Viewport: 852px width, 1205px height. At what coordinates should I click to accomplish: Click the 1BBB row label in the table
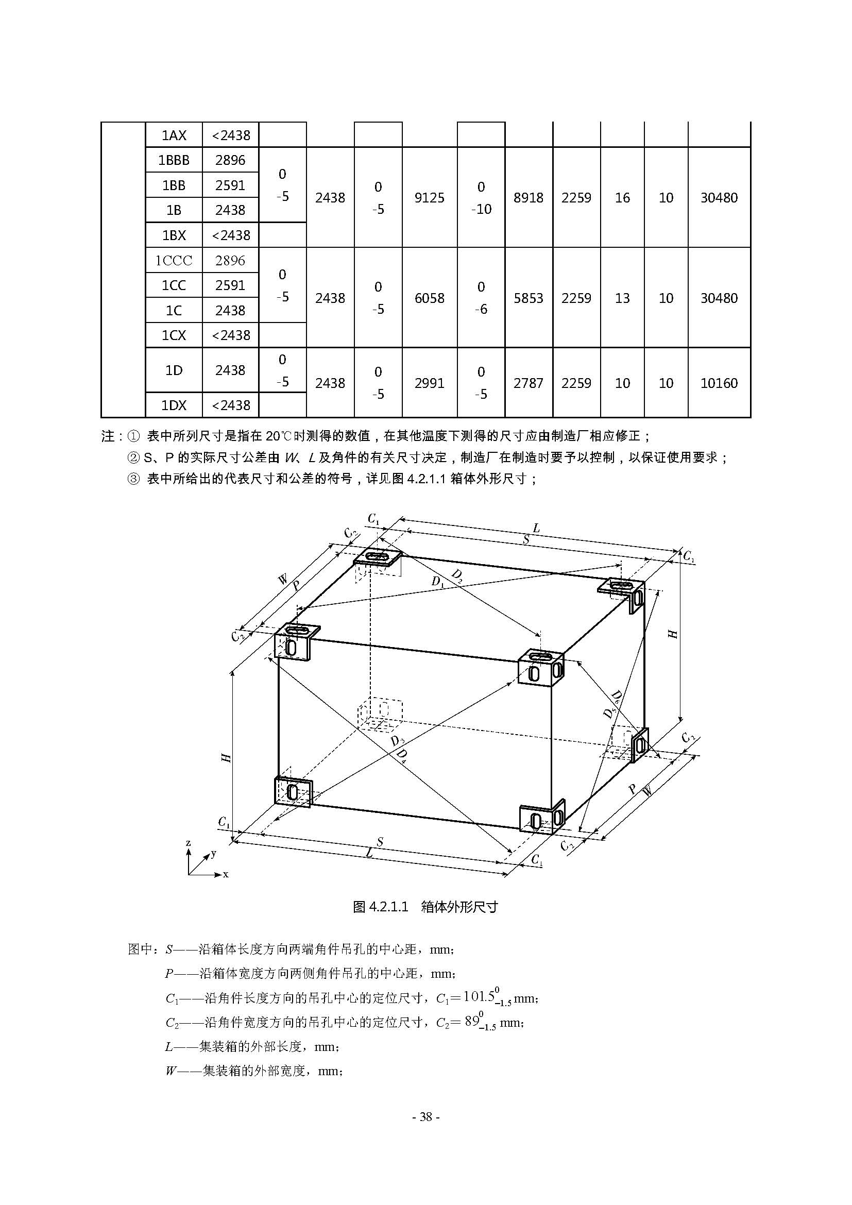[x=174, y=160]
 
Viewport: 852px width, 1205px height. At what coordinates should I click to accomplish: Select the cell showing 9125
[x=429, y=198]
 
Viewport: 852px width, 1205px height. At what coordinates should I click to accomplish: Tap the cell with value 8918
[x=529, y=198]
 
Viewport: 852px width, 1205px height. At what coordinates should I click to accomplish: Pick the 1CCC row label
[x=174, y=260]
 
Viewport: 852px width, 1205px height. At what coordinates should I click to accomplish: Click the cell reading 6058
[x=429, y=298]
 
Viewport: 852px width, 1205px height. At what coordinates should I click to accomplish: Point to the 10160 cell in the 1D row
[x=719, y=383]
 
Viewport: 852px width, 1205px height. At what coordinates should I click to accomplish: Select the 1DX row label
[x=174, y=405]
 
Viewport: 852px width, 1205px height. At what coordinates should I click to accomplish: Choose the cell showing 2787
[x=529, y=383]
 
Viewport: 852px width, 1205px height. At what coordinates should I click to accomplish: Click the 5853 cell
[x=529, y=298]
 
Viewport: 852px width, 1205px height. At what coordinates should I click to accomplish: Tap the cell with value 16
[x=622, y=198]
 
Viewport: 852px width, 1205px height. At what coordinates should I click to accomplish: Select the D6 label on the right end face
[x=617, y=698]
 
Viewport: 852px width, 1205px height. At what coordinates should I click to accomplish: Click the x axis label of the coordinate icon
[x=226, y=874]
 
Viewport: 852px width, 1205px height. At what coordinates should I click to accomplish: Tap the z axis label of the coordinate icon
[x=189, y=843]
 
